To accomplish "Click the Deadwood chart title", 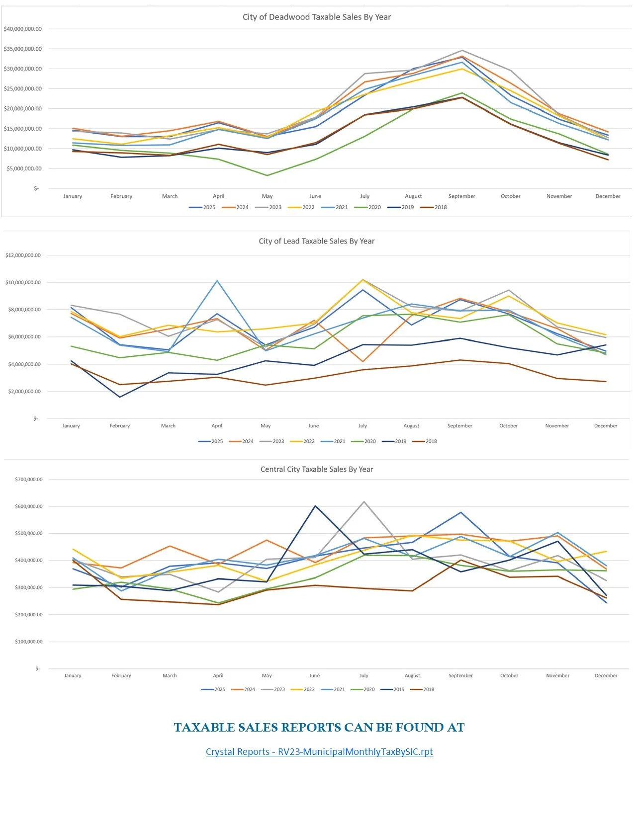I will (x=317, y=17).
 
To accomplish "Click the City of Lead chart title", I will (x=317, y=241).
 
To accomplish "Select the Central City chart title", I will (x=317, y=469).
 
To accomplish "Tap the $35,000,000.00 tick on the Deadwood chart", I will (x=23, y=49).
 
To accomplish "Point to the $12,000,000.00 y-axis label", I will (x=23, y=255).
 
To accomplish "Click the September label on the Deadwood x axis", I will (x=461, y=196).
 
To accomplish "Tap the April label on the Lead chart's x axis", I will (x=217, y=426).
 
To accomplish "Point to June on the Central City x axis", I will (x=315, y=676).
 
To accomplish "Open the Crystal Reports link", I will (x=319, y=751).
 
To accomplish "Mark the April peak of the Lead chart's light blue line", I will (x=217, y=281).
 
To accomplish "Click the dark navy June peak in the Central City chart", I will (x=315, y=506).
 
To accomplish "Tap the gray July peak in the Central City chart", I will (x=364, y=501).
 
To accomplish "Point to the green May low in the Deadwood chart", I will (x=267, y=175).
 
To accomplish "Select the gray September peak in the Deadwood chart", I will (x=462, y=50).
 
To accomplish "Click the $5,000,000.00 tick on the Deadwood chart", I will (x=23, y=168).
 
